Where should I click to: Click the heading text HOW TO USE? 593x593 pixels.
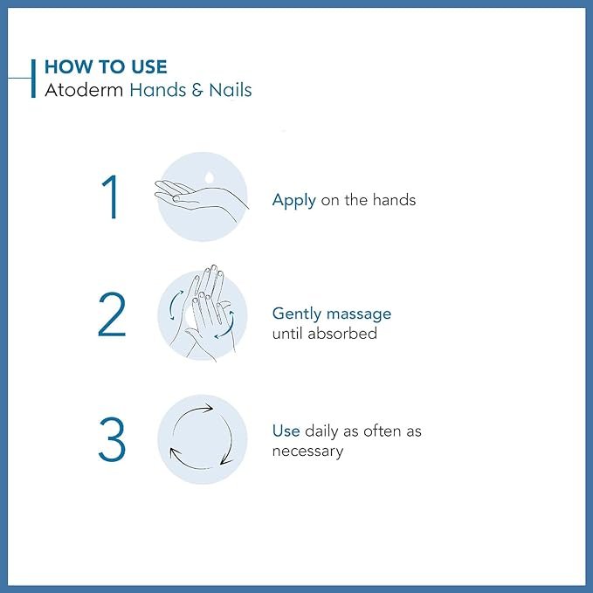pyautogui.click(x=105, y=66)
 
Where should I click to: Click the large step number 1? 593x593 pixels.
pyautogui.click(x=111, y=198)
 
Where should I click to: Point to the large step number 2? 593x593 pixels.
pyautogui.click(x=112, y=315)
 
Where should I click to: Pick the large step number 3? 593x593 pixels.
pyautogui.click(x=112, y=440)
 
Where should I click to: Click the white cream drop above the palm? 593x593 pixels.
pyautogui.click(x=209, y=176)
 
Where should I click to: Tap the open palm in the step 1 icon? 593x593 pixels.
pyautogui.click(x=192, y=194)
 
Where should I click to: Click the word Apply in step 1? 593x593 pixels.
pyautogui.click(x=293, y=201)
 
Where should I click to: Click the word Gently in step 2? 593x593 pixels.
pyautogui.click(x=297, y=314)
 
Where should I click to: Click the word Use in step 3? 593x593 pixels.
pyautogui.click(x=286, y=431)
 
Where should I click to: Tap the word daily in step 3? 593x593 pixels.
pyautogui.click(x=322, y=431)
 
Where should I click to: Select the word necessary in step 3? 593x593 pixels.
pyautogui.click(x=307, y=451)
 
